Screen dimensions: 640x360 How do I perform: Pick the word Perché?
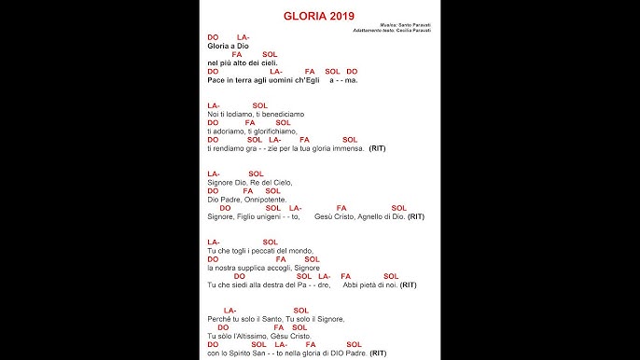pyautogui.click(x=218, y=319)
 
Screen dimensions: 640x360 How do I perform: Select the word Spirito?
pyautogui.click(x=243, y=353)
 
